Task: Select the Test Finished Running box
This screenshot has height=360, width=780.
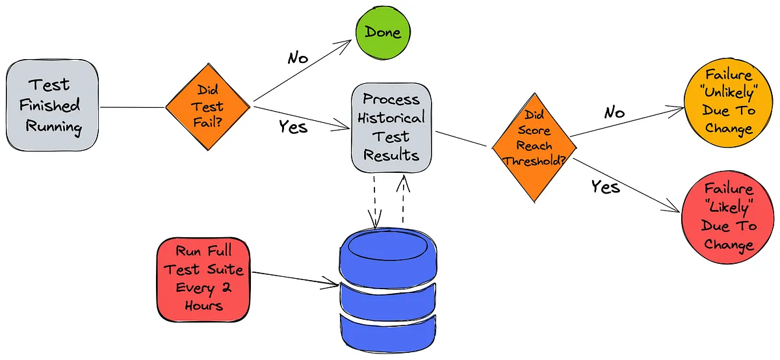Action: point(52,105)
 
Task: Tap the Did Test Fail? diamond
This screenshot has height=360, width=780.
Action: point(207,107)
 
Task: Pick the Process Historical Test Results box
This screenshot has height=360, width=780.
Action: point(391,127)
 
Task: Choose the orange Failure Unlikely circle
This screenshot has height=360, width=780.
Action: point(729,101)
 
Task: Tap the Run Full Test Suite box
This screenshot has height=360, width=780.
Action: point(203,278)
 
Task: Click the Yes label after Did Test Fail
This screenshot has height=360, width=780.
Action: point(292,126)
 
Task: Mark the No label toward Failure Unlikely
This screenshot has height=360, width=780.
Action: point(614,112)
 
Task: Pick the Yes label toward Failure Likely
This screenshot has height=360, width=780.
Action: point(606,187)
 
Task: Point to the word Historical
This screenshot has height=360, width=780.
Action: point(391,118)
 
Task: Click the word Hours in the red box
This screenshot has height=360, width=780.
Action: point(203,305)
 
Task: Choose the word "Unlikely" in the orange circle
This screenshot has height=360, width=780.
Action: point(729,92)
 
